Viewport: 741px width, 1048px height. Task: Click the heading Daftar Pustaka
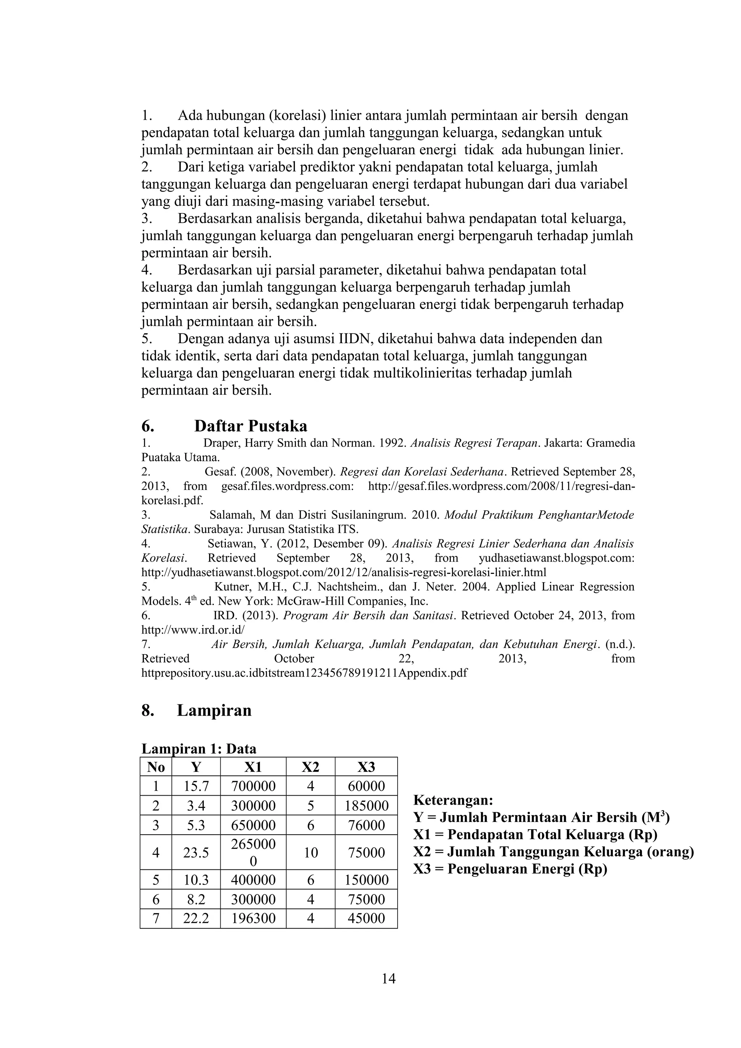click(250, 426)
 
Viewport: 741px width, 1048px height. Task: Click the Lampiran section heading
click(214, 710)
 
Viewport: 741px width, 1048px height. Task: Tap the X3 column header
click(366, 767)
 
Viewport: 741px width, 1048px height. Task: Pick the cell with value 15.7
click(196, 786)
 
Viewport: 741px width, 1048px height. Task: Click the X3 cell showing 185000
click(366, 806)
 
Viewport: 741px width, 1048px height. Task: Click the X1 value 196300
click(253, 918)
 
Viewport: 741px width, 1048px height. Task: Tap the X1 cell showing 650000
click(253, 825)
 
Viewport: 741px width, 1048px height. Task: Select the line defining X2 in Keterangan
click(553, 851)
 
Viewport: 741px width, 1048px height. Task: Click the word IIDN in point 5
click(356, 339)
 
